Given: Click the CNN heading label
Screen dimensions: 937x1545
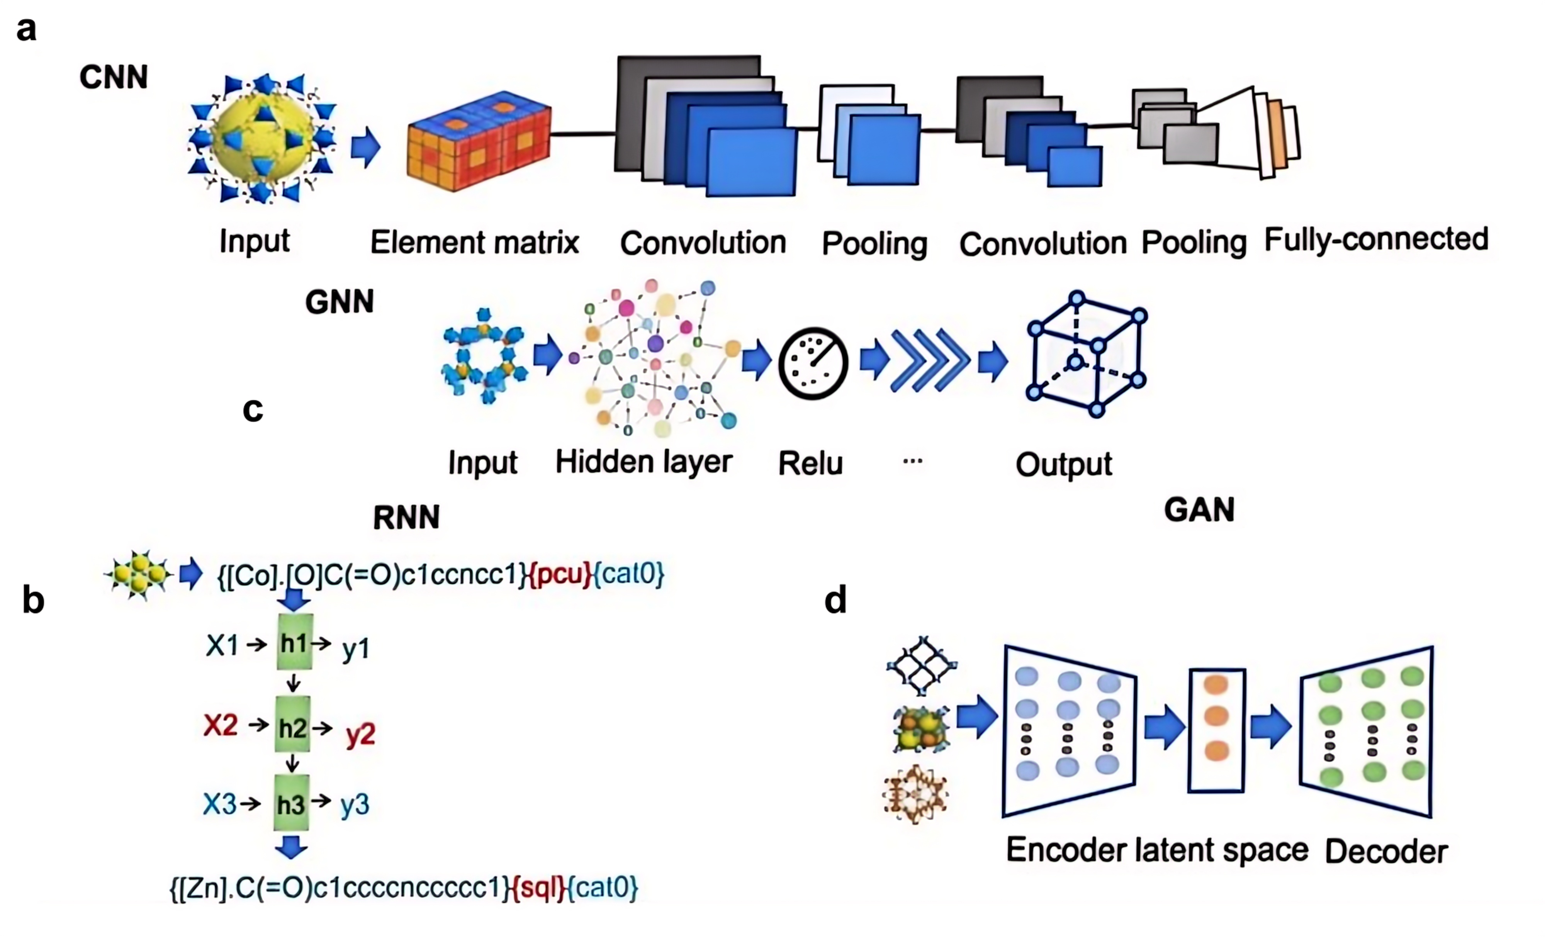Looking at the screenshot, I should pos(114,77).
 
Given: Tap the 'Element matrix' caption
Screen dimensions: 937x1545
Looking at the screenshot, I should pos(475,242).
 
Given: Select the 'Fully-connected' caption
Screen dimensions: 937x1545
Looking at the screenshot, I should pos(1376,239).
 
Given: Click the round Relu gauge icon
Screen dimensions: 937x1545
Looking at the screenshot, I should pos(813,363).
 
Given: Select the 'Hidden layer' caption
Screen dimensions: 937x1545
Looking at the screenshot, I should pos(644,462).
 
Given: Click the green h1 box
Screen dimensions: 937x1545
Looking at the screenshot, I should pos(294,643).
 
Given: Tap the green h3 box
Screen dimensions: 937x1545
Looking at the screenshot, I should pos(292,803).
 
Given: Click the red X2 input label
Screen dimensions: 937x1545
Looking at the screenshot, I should pos(221,726).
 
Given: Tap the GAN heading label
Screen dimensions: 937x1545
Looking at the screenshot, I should pos(1199,509).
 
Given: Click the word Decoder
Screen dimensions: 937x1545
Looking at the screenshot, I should pos(1386,852).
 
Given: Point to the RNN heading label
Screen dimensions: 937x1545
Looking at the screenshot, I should pos(406,518).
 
